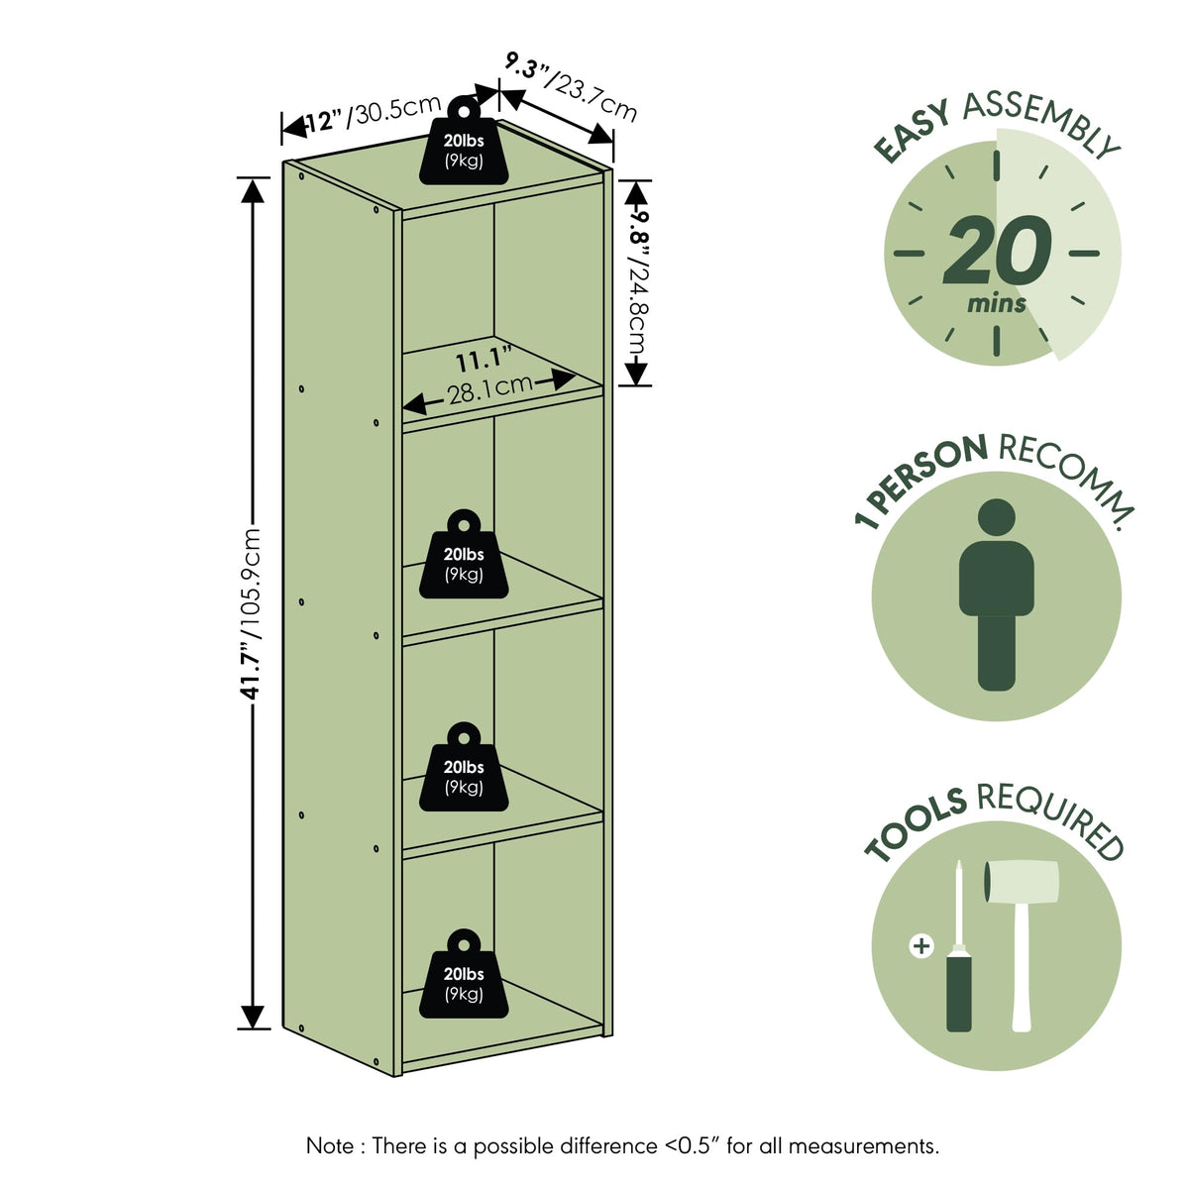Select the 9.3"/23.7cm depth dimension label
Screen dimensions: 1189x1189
pos(571,86)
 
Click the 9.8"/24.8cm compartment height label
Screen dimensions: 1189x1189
pos(639,282)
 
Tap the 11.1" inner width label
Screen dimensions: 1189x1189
pos(485,359)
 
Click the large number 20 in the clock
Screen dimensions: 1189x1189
pos(997,250)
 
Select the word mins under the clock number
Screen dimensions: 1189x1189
pos(997,303)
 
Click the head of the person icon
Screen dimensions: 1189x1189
pos(997,517)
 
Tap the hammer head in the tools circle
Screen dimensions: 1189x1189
pos(1022,882)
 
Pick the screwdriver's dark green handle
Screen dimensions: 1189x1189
pos(959,994)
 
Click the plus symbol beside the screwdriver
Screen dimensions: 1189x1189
pos(921,946)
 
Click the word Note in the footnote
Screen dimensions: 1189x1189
pos(330,1146)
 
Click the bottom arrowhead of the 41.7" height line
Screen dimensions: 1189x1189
pos(253,1017)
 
